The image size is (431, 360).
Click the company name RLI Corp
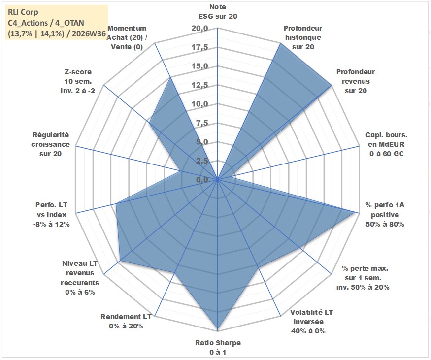pyautogui.click(x=23, y=12)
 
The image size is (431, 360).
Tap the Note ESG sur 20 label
pyautogui.click(x=218, y=11)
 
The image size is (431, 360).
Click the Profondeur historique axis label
pyautogui.click(x=303, y=37)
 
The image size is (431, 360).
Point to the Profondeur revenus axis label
pyautogui.click(x=356, y=81)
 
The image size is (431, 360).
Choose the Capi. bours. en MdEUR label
pyautogui.click(x=387, y=144)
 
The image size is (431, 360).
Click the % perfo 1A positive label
pyautogui.click(x=385, y=215)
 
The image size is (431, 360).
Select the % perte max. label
pyautogui.click(x=363, y=278)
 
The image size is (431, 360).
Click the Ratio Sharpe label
pyautogui.click(x=218, y=347)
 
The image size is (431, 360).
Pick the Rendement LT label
pyautogui.click(x=126, y=321)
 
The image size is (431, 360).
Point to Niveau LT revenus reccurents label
pyautogui.click(x=80, y=278)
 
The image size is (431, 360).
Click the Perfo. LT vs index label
pyautogui.click(x=52, y=215)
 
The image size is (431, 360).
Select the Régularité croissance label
pyautogui.click(x=50, y=144)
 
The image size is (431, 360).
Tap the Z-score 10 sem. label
pyautogui.click(x=78, y=81)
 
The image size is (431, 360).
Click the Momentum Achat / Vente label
pyautogui.click(x=127, y=37)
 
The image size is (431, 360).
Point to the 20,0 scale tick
pyautogui.click(x=199, y=28)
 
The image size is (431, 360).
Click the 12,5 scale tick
pyautogui.click(x=199, y=85)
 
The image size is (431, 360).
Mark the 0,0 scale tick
pyautogui.click(x=202, y=180)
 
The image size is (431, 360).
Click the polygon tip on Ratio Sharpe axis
pyautogui.click(x=218, y=329)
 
